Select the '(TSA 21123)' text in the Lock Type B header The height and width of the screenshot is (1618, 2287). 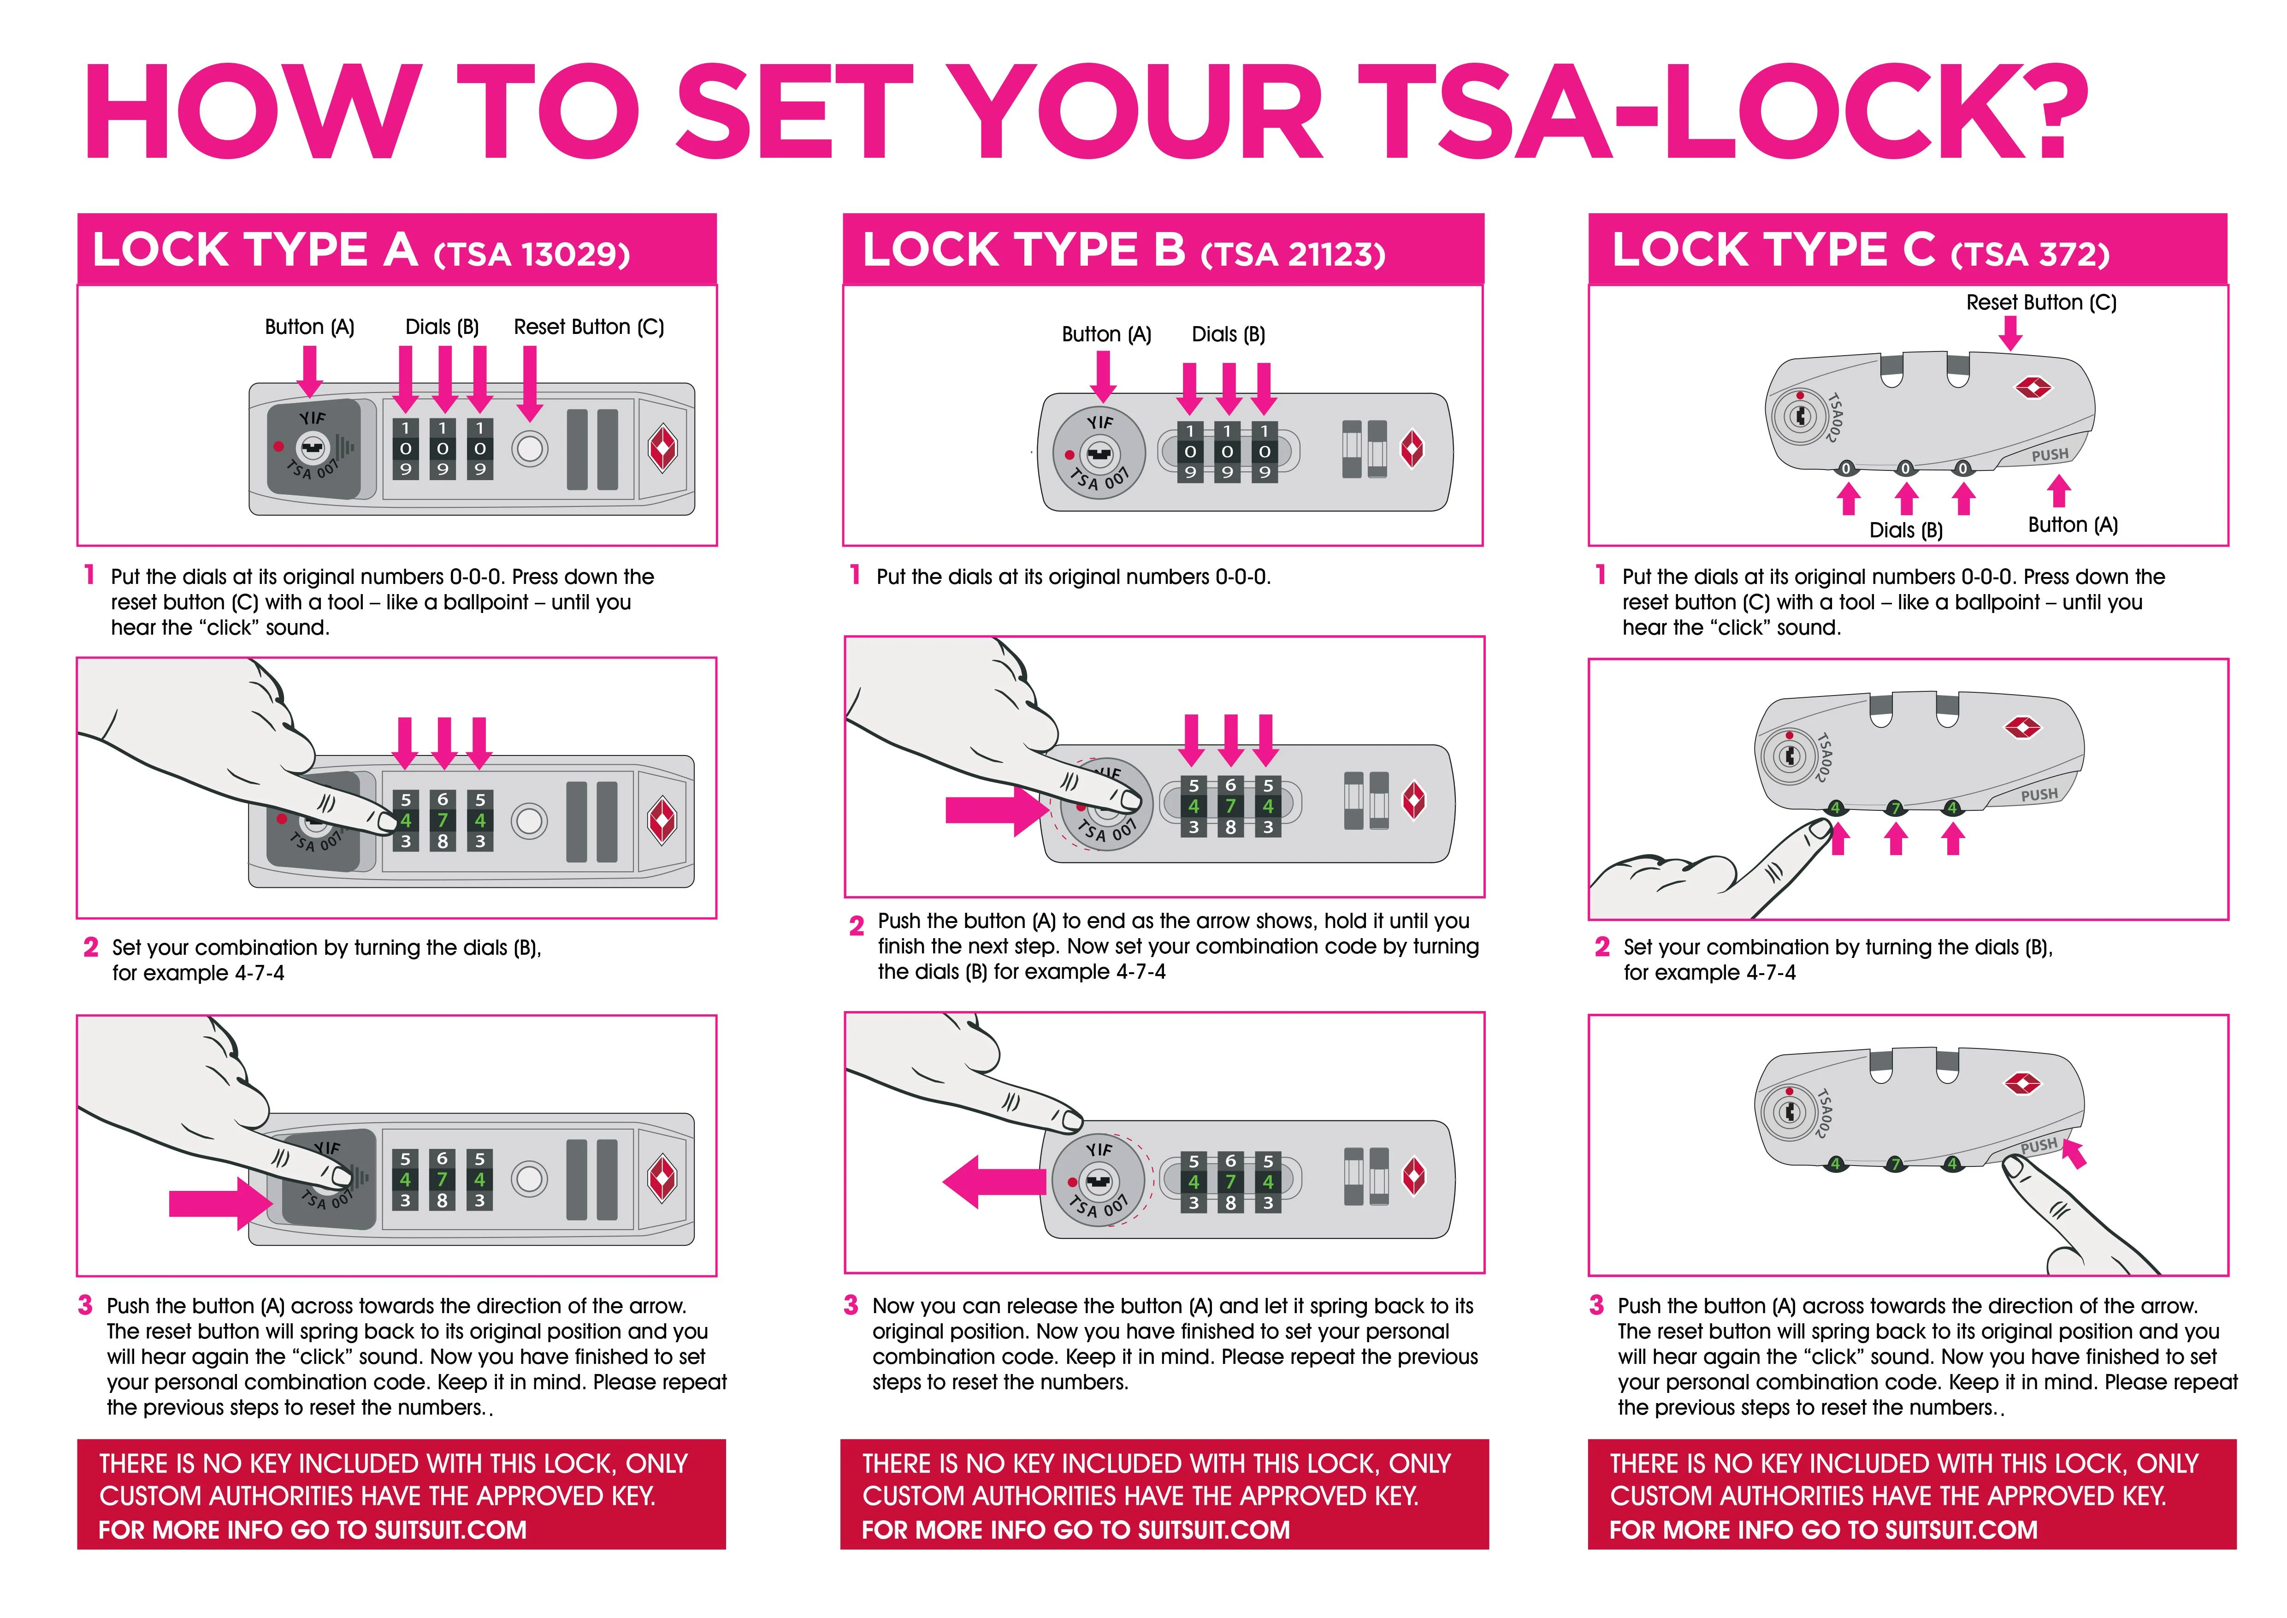pyautogui.click(x=1293, y=255)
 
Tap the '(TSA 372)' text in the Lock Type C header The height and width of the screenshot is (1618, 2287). pyautogui.click(x=2030, y=255)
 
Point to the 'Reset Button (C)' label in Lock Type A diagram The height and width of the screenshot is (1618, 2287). pyautogui.click(x=589, y=327)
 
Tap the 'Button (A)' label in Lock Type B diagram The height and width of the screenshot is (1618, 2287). pyautogui.click(x=1105, y=335)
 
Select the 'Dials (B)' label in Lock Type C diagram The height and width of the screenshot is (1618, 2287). pyautogui.click(x=1905, y=530)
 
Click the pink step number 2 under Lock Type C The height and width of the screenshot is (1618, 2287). pyautogui.click(x=1601, y=946)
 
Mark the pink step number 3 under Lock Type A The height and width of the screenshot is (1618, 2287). pyautogui.click(x=86, y=1305)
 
